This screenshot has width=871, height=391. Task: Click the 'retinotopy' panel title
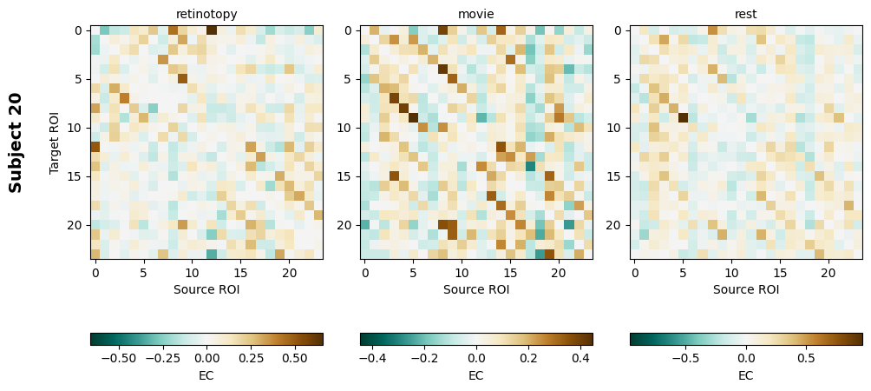[x=206, y=14]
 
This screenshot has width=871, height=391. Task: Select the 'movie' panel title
[x=476, y=14]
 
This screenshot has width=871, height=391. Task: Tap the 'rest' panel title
[x=746, y=14]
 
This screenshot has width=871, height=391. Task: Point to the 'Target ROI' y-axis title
[x=55, y=142]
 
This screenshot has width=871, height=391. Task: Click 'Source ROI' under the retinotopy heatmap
[x=206, y=289]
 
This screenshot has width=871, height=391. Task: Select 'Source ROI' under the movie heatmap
[x=476, y=289]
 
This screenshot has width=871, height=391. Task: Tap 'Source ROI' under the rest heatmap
[x=746, y=289]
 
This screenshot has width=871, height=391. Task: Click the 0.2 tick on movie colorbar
[x=528, y=357]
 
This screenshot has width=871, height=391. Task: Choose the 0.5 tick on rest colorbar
[x=806, y=357]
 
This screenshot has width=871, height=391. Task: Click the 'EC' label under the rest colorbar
[x=746, y=375]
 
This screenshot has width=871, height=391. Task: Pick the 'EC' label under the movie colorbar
[x=476, y=375]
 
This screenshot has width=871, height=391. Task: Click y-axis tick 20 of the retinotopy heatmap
[x=78, y=225]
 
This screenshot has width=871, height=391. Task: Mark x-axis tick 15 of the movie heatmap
[x=510, y=273]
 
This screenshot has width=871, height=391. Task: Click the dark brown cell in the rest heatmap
[x=683, y=118]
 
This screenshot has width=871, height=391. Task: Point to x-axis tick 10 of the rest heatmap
[x=731, y=273]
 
